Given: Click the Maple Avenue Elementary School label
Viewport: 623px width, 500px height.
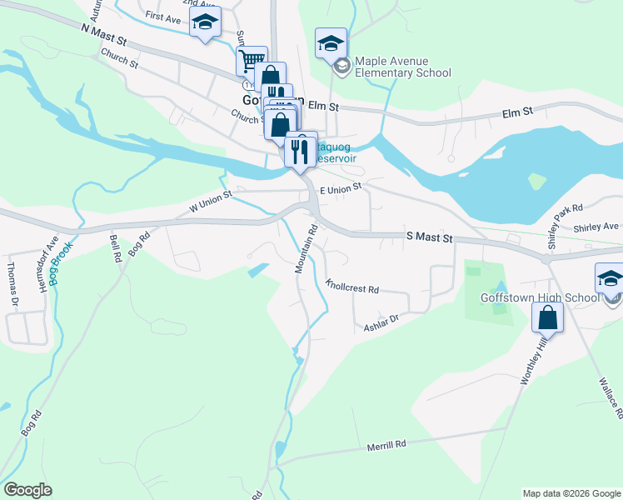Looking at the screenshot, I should click(403, 67).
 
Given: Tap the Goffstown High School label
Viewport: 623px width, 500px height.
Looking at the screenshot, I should click(539, 297).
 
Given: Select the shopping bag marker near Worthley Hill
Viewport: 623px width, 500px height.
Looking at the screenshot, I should click(547, 317).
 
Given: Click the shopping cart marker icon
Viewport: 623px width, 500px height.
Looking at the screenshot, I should click(251, 59).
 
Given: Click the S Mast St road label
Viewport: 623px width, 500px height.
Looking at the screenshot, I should click(429, 238).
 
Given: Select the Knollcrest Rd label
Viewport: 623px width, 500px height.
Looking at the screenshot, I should click(352, 286).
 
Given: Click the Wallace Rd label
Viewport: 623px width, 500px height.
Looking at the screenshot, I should click(610, 397).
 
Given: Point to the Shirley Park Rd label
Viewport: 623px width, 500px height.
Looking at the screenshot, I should click(566, 217).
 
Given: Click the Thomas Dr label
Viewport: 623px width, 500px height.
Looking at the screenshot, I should click(12, 284).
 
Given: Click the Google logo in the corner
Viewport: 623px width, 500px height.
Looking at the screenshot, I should click(27, 490).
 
